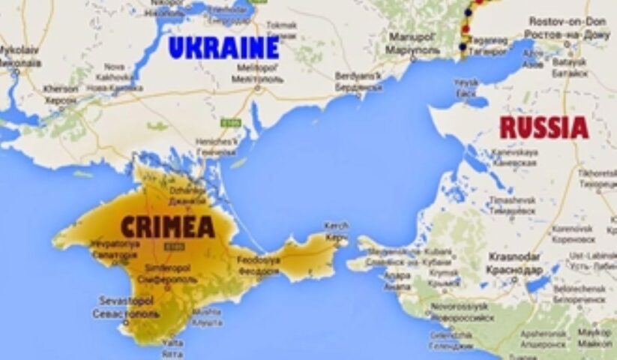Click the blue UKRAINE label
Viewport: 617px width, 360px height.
[223, 48]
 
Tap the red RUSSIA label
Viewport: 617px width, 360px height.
[544, 128]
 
